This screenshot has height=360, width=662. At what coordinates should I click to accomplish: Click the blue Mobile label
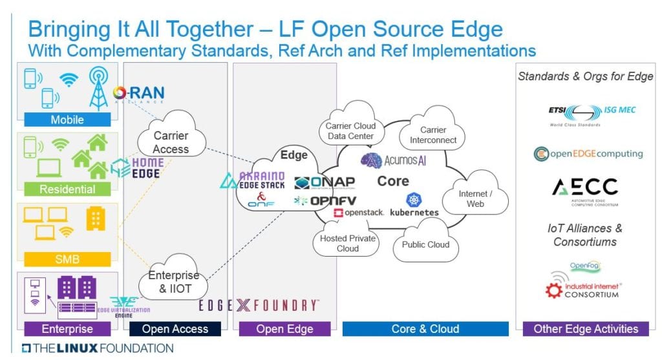click(x=67, y=120)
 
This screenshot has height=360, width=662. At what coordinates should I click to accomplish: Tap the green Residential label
click(x=67, y=189)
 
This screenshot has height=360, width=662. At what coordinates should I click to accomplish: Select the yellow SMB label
click(x=67, y=259)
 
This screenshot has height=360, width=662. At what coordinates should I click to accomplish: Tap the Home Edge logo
click(x=136, y=167)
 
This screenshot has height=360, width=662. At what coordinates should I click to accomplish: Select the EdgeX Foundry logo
click(x=259, y=306)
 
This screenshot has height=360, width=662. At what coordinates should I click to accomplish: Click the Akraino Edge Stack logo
click(x=254, y=180)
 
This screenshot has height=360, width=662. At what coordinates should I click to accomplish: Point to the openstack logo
click(x=359, y=212)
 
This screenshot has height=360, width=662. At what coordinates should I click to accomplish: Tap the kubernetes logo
click(x=414, y=205)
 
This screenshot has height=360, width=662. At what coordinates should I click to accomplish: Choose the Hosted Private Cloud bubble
click(x=348, y=243)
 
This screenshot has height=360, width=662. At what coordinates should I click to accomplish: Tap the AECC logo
click(x=584, y=189)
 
